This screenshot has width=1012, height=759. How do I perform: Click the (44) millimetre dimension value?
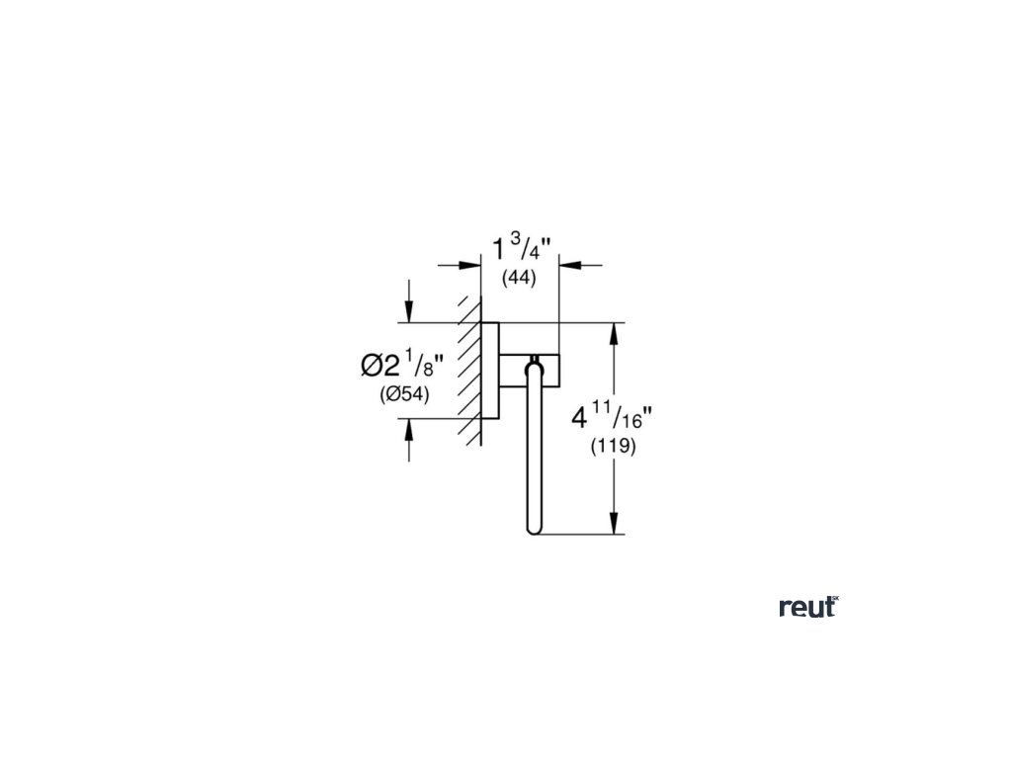[519, 279]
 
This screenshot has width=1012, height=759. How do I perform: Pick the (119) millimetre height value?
[613, 446]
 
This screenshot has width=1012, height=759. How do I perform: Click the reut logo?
[807, 607]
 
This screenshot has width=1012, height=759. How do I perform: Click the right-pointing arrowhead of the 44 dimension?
[472, 264]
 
